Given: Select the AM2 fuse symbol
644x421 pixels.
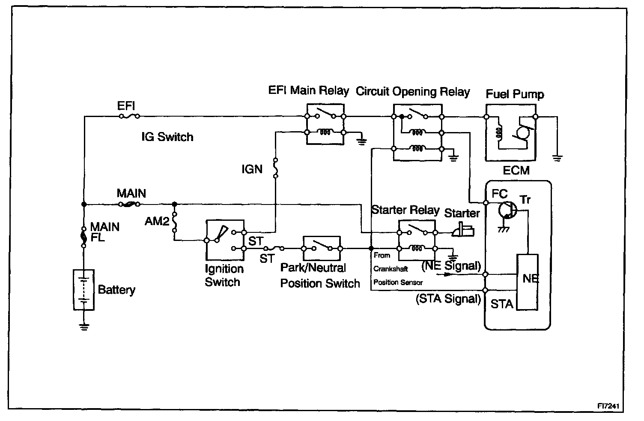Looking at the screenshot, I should tap(175, 221).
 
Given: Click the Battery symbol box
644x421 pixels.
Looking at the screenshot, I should tap(83, 290).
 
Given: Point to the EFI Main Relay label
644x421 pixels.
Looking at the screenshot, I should tap(308, 90).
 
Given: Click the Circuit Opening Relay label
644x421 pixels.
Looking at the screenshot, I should tap(413, 92).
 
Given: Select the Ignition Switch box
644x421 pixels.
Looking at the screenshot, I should tap(225, 240).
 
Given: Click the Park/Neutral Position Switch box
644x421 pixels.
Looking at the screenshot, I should tap(322, 248).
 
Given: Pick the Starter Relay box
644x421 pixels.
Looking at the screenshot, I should tap(417, 240).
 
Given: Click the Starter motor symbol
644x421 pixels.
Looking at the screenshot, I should tap(464, 229).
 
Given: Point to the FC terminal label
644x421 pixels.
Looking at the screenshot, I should tap(499, 194).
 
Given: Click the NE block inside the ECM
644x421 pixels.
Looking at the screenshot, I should tap(528, 282).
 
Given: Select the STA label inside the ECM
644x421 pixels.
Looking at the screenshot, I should tap(501, 304).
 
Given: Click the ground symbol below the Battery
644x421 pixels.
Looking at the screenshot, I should tap(84, 327).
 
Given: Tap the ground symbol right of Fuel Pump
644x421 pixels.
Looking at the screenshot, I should tap(557, 158).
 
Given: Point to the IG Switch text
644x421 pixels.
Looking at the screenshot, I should tap(167, 137).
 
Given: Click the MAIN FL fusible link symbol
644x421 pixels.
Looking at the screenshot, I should tap(84, 237).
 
